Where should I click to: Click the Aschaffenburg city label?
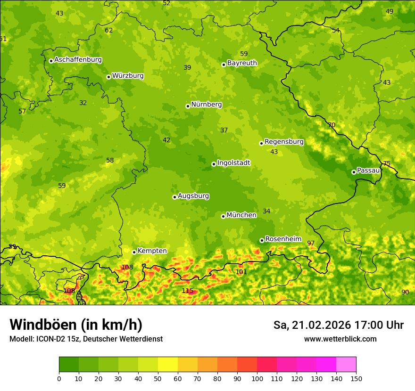[x=78, y=60]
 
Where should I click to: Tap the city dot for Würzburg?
[x=108, y=77]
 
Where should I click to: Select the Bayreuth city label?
[x=242, y=63]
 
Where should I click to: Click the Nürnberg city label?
[x=206, y=105]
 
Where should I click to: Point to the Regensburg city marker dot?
[x=261, y=143]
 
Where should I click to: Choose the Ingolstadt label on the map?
[x=233, y=163]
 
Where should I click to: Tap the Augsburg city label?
[x=193, y=196]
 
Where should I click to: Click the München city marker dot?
[x=223, y=216]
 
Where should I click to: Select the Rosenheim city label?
[x=283, y=239]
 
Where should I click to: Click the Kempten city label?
[x=152, y=251]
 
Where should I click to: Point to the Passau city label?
[x=368, y=171]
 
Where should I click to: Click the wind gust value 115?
[x=188, y=291]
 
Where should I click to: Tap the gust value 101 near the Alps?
[x=241, y=272]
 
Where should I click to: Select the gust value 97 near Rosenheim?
[x=311, y=244]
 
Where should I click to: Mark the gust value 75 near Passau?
[x=387, y=164]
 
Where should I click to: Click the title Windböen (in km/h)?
[x=75, y=325]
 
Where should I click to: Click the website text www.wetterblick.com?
[x=340, y=339]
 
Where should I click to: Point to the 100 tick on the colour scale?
[x=257, y=378]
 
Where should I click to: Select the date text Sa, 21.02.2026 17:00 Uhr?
[x=338, y=325]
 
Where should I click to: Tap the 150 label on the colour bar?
[x=356, y=378]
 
